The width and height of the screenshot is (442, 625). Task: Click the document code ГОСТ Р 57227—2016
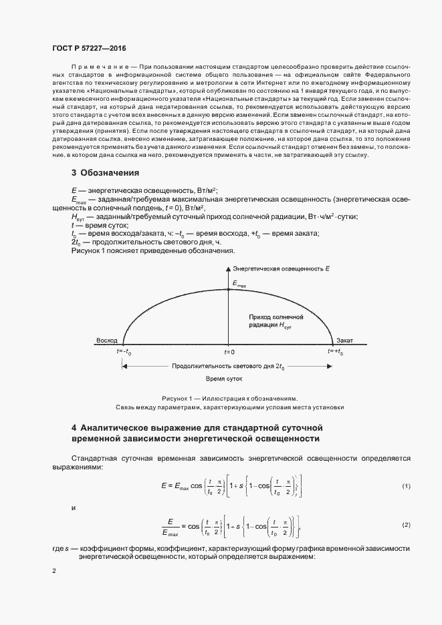pos(89,49)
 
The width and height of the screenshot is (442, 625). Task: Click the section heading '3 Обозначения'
pos(105,173)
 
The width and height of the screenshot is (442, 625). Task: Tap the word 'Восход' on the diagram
pos(106,339)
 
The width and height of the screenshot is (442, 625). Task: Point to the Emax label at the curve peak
pos(239,284)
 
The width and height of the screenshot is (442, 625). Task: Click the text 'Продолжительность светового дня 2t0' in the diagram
pos(228,367)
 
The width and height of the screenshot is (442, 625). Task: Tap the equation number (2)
pos(406,526)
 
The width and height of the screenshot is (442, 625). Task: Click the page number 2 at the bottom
pos(54,572)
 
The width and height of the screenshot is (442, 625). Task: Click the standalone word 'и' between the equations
pos(73,507)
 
